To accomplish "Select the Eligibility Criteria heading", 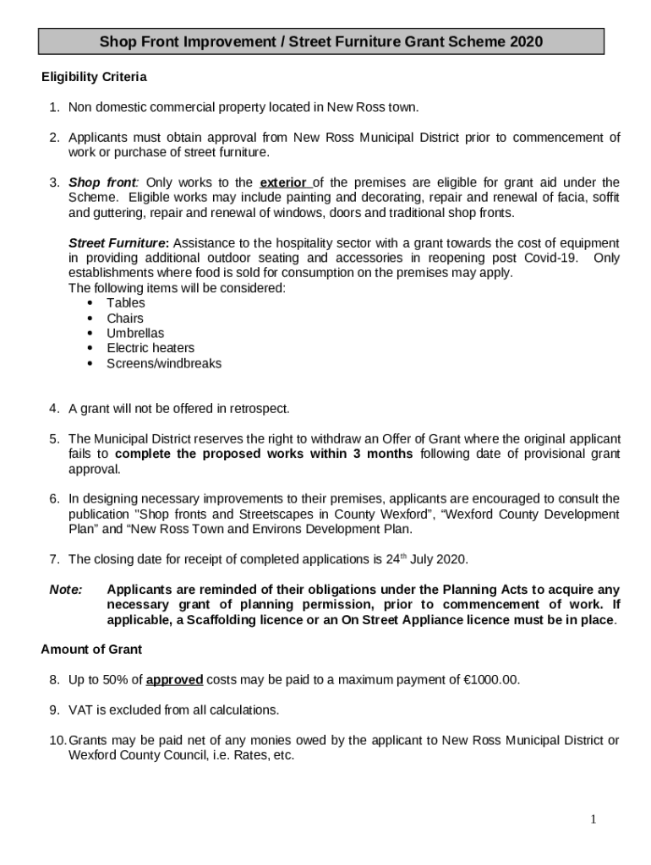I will (94, 78).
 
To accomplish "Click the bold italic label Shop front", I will (102, 182).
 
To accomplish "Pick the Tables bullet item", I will (125, 303).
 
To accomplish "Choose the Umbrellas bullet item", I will (135, 334).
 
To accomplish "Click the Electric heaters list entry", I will (150, 348).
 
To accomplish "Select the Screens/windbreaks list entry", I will (164, 363).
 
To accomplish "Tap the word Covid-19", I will (551, 258).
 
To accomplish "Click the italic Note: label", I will (64, 590).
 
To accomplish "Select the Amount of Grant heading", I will (91, 650).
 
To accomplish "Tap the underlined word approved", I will (174, 680).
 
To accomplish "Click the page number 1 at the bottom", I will (594, 819).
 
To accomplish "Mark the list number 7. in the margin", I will (54, 559).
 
